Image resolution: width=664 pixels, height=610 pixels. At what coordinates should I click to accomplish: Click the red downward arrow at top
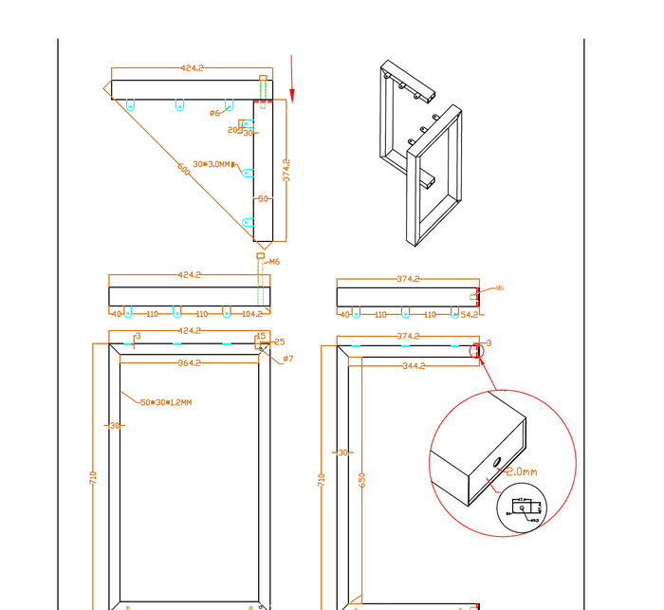pyautogui.click(x=292, y=80)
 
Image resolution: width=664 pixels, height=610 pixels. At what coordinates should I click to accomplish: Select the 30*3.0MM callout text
pyautogui.click(x=212, y=164)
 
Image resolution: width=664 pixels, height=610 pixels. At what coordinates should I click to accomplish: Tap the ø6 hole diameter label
pyautogui.click(x=214, y=113)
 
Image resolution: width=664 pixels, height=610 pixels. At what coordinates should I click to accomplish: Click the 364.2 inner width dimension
pyautogui.click(x=190, y=363)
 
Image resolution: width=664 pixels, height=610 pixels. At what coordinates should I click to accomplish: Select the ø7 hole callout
pyautogui.click(x=287, y=359)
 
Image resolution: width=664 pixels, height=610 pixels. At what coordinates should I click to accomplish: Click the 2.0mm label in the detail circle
pyautogui.click(x=521, y=471)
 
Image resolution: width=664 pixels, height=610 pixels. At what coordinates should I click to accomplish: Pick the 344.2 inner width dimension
pyautogui.click(x=413, y=364)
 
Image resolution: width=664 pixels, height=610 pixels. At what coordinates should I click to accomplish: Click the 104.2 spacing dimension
pyautogui.click(x=251, y=313)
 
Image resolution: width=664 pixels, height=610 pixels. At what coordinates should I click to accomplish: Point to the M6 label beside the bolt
pyautogui.click(x=274, y=261)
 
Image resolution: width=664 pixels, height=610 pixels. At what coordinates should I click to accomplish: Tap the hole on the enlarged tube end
pyautogui.click(x=497, y=462)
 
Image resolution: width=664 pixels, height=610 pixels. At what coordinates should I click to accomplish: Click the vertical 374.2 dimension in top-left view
pyautogui.click(x=286, y=170)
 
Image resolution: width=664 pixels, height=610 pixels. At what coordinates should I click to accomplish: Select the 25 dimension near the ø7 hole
pyautogui.click(x=279, y=342)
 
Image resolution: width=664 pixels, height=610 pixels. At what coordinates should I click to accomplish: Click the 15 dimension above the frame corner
pyautogui.click(x=261, y=336)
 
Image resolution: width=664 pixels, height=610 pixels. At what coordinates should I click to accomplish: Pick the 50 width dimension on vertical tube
pyautogui.click(x=263, y=198)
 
